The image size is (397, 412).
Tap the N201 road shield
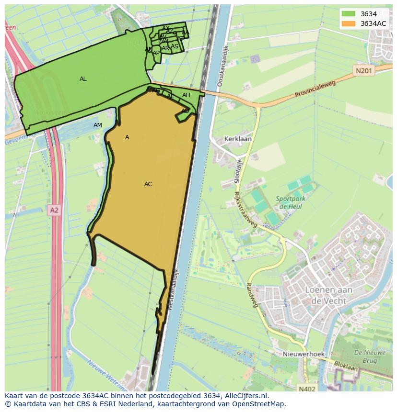(364, 71)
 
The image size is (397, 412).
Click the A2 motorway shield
(54, 210)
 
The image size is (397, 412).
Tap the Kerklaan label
(238, 139)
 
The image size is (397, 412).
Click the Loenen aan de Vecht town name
(328, 295)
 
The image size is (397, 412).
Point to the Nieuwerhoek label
(304, 354)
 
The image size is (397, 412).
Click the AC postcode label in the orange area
(148, 184)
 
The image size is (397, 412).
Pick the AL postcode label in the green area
(83, 79)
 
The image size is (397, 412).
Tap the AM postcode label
(98, 125)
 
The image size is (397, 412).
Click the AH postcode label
(186, 95)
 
